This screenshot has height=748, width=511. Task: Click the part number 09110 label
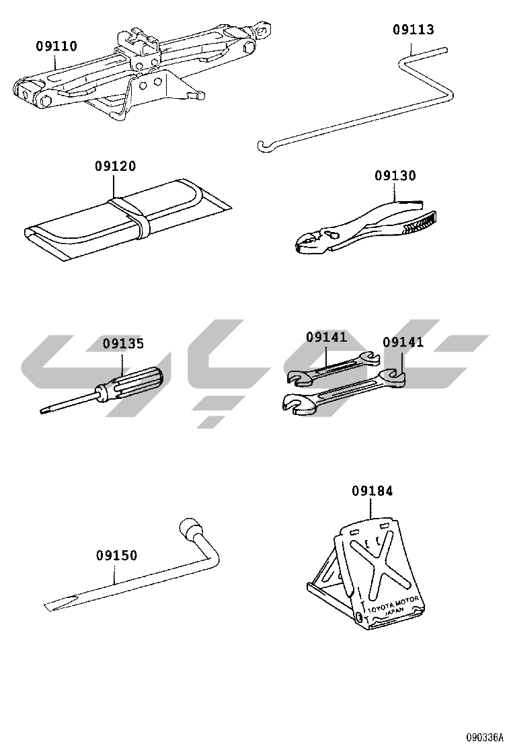click(x=56, y=46)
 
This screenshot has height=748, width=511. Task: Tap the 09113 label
click(x=414, y=30)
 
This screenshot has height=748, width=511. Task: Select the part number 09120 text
click(x=115, y=166)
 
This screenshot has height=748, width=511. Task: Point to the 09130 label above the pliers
click(x=395, y=176)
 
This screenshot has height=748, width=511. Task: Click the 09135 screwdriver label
click(x=124, y=344)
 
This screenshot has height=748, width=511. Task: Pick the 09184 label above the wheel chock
click(x=372, y=490)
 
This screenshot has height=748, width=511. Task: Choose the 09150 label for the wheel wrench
click(x=116, y=555)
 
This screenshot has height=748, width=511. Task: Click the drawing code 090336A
click(x=484, y=737)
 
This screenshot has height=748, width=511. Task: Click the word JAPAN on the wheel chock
click(x=394, y=612)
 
